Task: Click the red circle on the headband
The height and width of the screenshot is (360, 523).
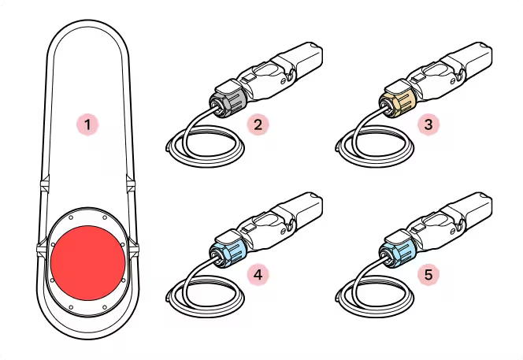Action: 88,263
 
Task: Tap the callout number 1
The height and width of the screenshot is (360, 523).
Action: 87,125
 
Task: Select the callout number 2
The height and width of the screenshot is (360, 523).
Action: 258,124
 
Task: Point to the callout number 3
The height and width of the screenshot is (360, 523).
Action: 428,124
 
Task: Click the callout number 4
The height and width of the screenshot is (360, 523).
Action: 258,275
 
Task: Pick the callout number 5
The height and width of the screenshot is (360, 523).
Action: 428,275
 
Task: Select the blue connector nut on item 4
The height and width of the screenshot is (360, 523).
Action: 228,254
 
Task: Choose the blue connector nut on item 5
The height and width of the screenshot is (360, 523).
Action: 398,254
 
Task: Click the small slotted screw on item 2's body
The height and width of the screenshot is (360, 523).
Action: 283,81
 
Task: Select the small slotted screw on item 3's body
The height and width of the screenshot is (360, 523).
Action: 453,81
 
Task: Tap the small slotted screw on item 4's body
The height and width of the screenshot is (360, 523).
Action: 283,232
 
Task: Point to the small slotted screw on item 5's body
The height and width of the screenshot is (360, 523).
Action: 453,232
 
